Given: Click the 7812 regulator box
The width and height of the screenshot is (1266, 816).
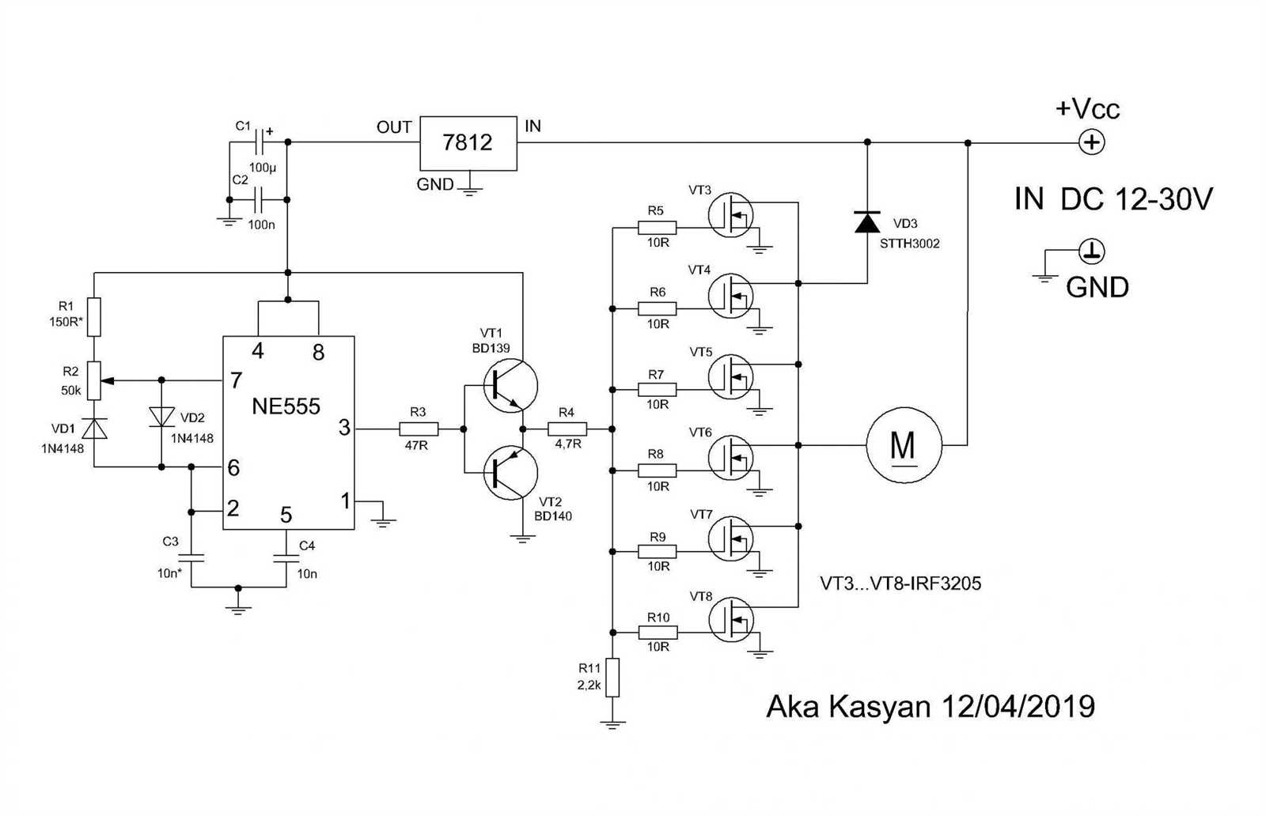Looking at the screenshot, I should (x=468, y=143).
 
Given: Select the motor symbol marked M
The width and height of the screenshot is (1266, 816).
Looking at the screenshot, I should (x=904, y=445).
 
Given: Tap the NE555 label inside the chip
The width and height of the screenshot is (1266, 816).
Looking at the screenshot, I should (x=286, y=406).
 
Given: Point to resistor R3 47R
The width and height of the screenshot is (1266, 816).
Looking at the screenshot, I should (x=418, y=429).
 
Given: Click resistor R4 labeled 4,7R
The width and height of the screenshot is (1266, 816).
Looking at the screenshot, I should (x=567, y=429).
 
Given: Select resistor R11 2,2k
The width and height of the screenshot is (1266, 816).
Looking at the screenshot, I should (x=612, y=678).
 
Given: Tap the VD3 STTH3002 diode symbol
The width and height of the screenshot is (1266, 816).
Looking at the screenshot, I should (x=867, y=222).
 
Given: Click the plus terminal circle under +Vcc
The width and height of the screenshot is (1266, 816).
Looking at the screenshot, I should (x=1092, y=143).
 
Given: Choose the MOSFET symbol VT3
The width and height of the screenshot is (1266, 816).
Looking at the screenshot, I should (x=730, y=215).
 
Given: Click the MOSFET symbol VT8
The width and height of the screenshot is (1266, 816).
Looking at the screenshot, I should (x=730, y=620).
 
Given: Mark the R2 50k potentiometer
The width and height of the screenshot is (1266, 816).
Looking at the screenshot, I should (x=94, y=380).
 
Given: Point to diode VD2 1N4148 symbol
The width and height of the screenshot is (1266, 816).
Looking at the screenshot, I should (x=161, y=417).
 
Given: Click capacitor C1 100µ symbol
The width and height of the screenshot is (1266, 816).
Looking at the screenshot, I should (x=259, y=143).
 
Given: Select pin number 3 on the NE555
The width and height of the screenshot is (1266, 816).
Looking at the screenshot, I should (x=344, y=428).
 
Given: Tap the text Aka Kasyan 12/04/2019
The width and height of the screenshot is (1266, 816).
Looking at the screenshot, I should (x=931, y=706).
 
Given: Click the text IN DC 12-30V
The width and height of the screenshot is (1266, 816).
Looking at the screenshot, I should (x=1112, y=200).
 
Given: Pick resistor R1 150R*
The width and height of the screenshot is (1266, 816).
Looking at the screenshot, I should (x=94, y=316).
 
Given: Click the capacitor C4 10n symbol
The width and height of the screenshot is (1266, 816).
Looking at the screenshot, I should (x=286, y=558).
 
